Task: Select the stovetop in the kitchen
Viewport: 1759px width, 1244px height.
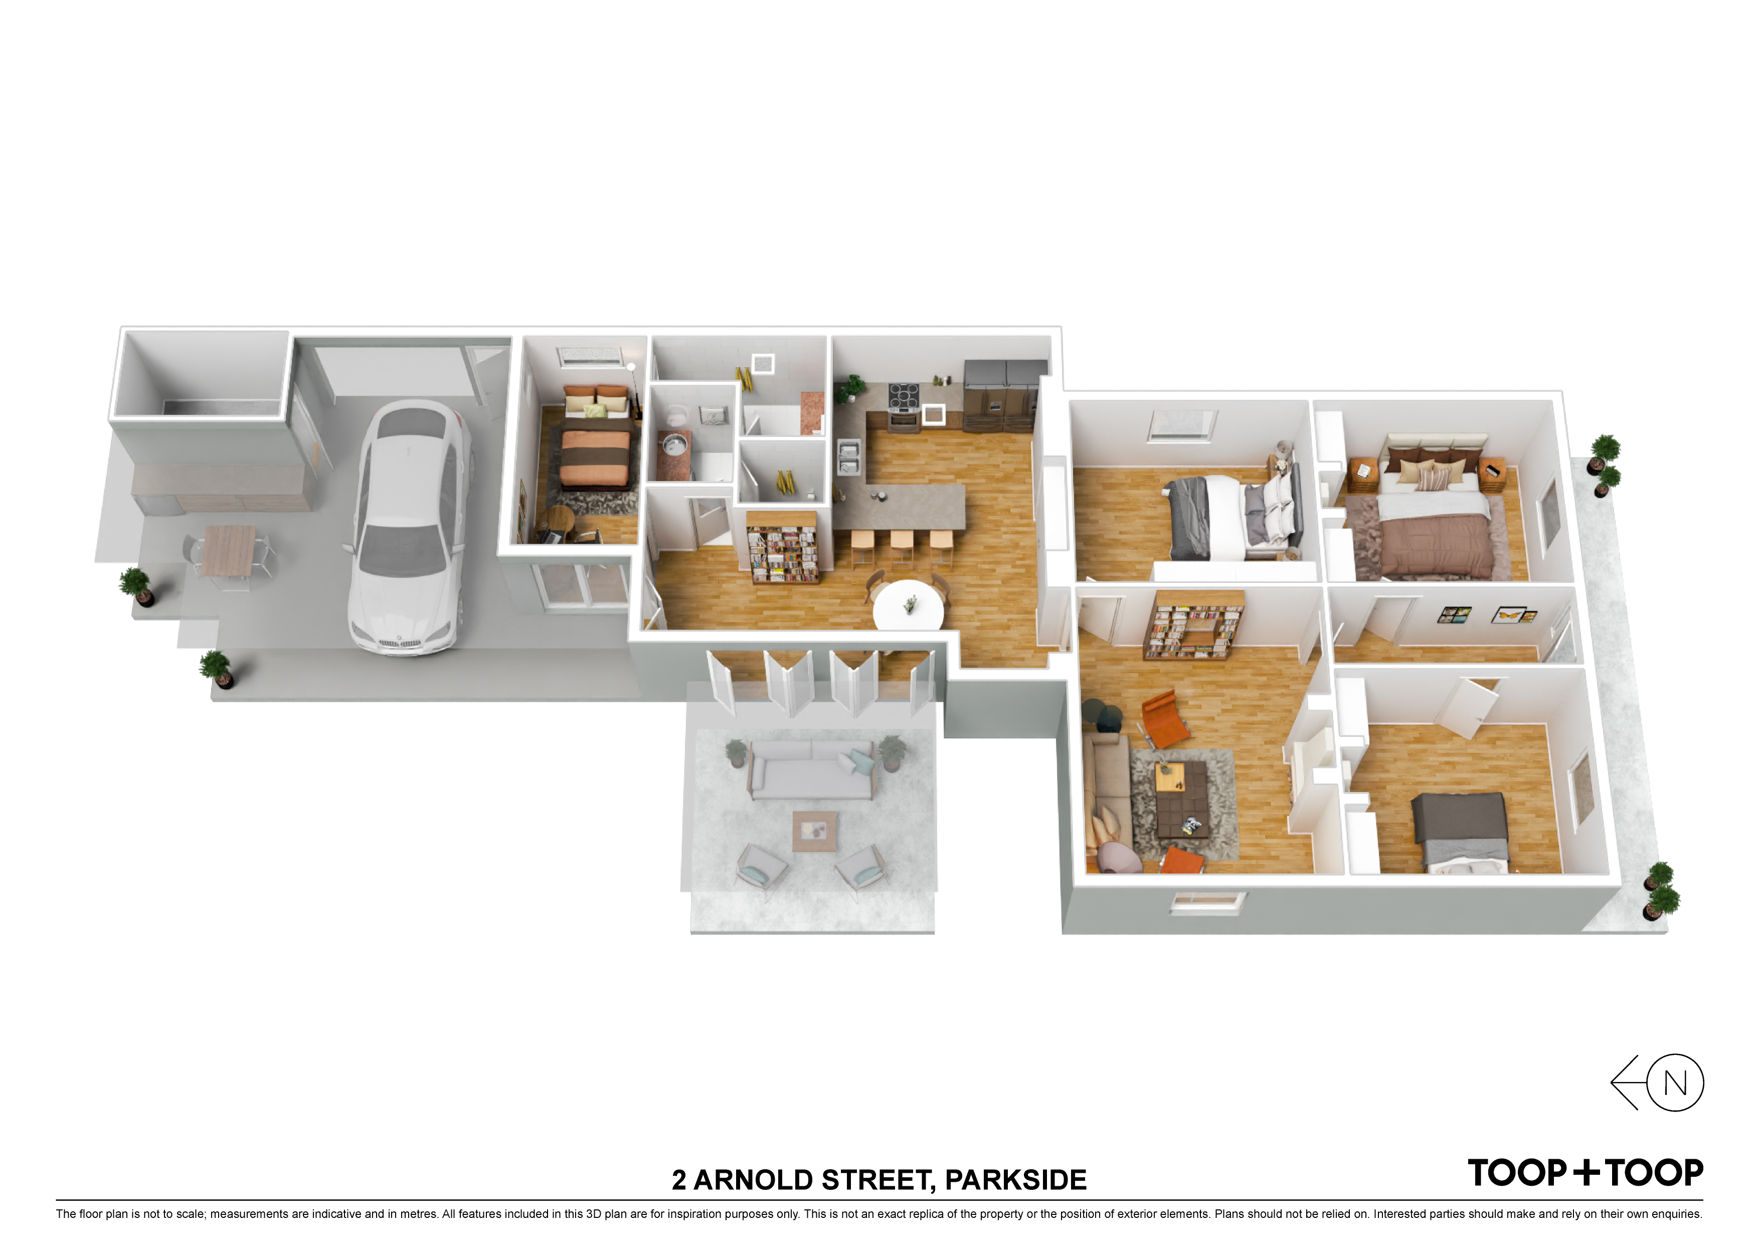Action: point(904,396)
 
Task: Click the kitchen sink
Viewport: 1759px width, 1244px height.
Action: point(849,457)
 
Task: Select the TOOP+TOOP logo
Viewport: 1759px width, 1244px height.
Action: point(1585,1173)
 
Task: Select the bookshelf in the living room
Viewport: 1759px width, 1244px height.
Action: point(1193,625)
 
